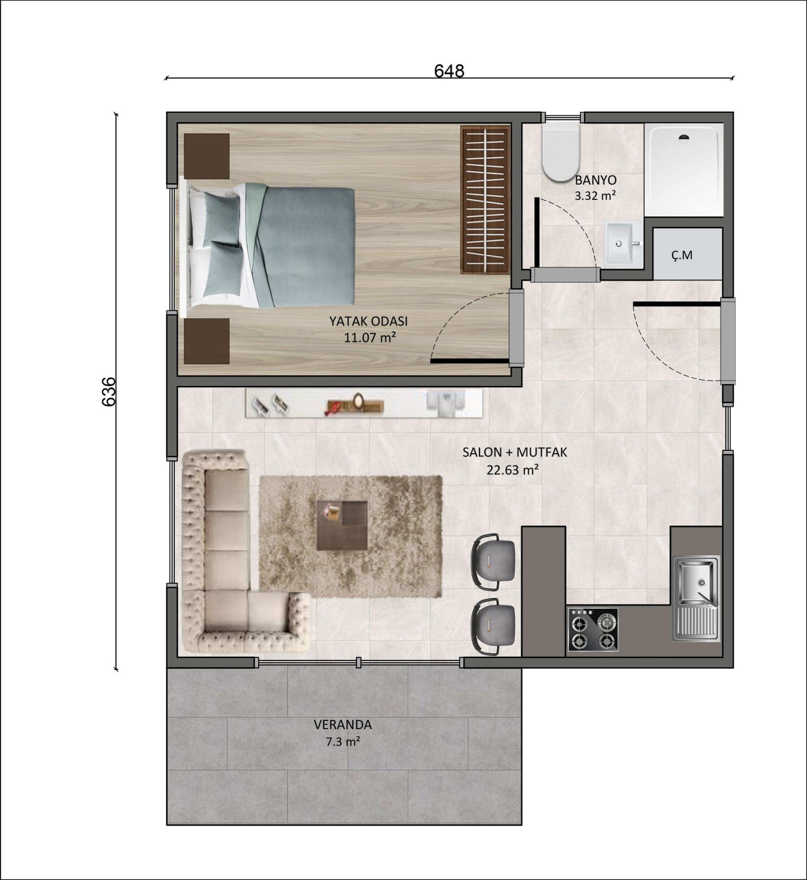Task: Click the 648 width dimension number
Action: tap(449, 71)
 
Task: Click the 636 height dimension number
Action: tap(109, 392)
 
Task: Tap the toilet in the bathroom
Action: tap(560, 152)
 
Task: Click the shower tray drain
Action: tap(684, 138)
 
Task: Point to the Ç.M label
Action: tap(682, 255)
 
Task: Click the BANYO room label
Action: tap(595, 180)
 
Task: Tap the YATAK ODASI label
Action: tap(369, 321)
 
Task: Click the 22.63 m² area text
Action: tap(512, 470)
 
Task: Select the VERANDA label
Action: tap(343, 725)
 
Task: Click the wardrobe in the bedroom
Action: tap(486, 200)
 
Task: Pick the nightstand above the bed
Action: tap(207, 156)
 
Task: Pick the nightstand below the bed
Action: tap(207, 341)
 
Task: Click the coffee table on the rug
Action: tap(342, 526)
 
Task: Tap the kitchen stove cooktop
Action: tap(593, 629)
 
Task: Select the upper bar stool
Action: tap(492, 561)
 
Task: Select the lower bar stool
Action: tap(492, 626)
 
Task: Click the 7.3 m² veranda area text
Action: tap(343, 742)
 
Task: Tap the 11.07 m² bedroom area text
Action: tap(370, 337)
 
